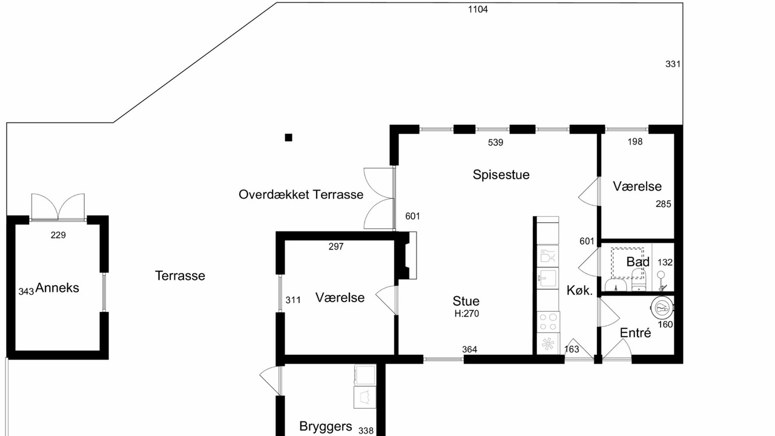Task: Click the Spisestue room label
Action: coord(501,175)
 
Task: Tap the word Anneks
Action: coord(57,288)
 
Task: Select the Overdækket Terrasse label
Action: coord(301,194)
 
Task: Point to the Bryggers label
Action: coord(326,426)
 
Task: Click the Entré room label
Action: coord(635,333)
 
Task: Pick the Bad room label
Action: coord(638,262)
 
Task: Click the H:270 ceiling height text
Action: coord(467,314)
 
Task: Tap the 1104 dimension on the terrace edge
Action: coord(478,10)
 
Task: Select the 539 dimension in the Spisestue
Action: coord(495,142)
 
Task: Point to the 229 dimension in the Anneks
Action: coord(58,236)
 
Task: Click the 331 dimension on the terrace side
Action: coord(673,64)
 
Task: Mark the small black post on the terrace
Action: coord(289,137)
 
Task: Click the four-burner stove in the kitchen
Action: coord(548,322)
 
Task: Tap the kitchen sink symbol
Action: coord(548,278)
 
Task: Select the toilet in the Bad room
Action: coord(638,280)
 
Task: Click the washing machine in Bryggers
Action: coord(364,397)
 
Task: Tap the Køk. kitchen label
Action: coord(579,291)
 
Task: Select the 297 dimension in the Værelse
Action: coord(336,246)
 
